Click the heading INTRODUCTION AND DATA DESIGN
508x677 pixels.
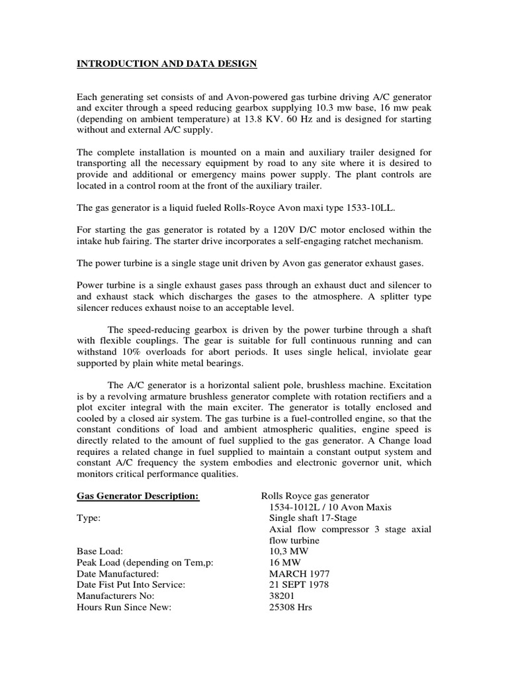pos(167,63)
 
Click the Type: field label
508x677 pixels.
pos(89,518)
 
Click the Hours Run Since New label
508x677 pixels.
pos(124,607)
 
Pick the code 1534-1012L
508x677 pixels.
pos(295,507)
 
